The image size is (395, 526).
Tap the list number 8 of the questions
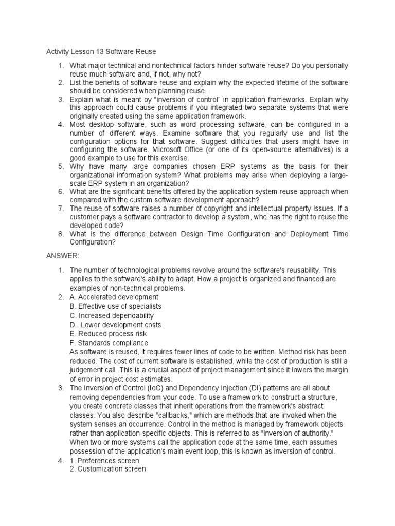coord(60,234)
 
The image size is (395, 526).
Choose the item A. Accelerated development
coord(114,297)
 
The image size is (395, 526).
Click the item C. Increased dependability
coord(112,315)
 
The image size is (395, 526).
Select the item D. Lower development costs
coord(116,325)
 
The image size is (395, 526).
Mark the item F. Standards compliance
coord(109,343)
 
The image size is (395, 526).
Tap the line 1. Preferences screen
coord(104,461)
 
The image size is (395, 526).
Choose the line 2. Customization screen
coord(108,469)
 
